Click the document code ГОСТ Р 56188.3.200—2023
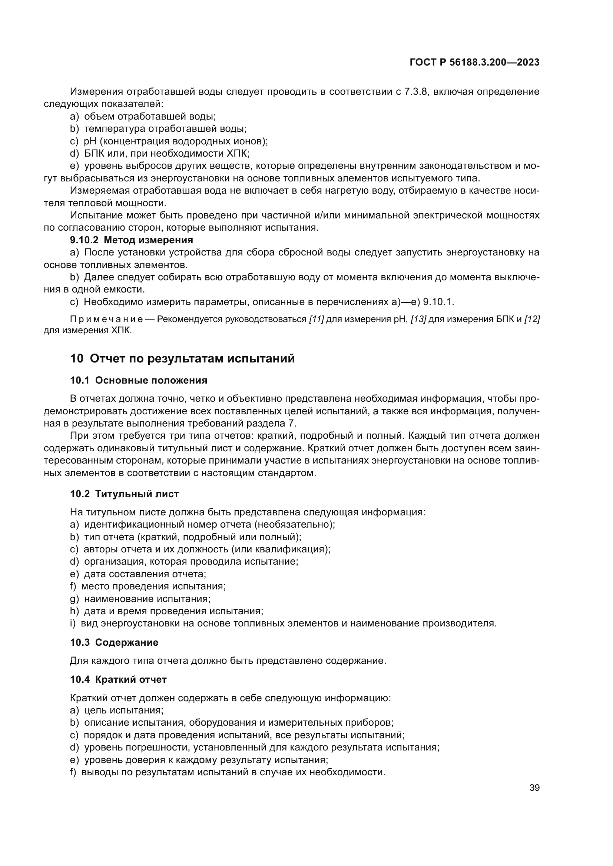click(x=474, y=63)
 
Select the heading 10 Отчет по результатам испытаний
click(x=182, y=358)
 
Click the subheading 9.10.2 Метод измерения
click(x=131, y=240)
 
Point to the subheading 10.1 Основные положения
click(x=139, y=380)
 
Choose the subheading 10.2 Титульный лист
click(x=124, y=494)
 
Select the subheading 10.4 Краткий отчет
click(x=118, y=679)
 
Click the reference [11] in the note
click(x=316, y=320)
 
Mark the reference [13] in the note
click(x=418, y=320)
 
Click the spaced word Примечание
click(x=106, y=320)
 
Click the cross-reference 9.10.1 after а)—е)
click(x=437, y=302)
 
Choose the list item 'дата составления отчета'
click(x=145, y=574)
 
